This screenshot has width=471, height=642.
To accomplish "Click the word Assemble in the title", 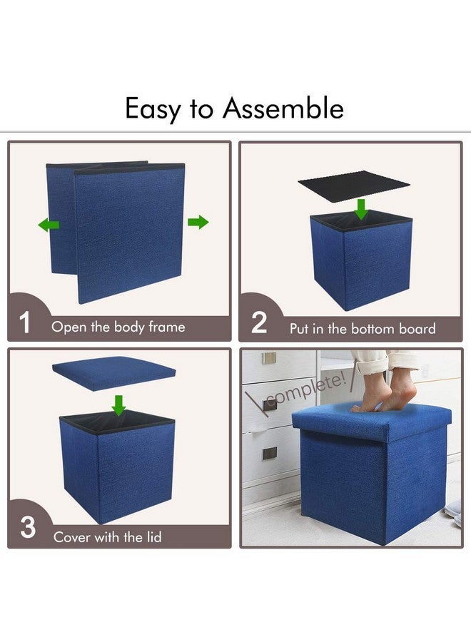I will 283,108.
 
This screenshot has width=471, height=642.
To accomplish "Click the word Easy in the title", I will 151,110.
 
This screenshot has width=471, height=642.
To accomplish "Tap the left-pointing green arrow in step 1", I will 49,225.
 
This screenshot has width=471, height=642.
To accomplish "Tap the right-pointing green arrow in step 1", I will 198,223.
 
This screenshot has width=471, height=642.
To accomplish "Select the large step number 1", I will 25,324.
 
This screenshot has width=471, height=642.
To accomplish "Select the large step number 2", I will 259,324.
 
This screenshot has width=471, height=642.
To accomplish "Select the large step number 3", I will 27,529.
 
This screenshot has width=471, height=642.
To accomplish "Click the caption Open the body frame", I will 118,327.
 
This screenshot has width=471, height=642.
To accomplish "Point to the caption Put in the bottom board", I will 362,329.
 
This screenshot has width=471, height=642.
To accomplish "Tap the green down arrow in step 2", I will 362,209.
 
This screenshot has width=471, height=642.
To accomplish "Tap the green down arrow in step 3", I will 118,405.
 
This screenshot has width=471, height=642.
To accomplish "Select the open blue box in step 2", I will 360,260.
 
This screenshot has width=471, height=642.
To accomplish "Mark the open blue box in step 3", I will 117,467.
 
